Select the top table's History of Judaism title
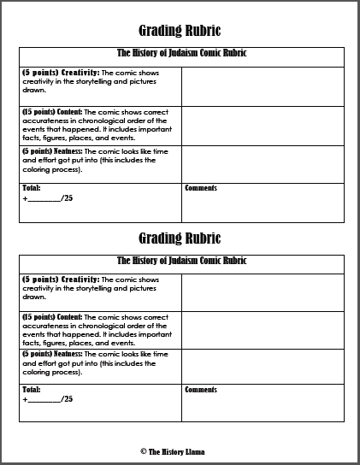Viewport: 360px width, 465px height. pos(181,54)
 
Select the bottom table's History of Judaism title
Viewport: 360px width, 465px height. pos(181,262)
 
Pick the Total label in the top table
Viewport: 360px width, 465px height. pos(32,188)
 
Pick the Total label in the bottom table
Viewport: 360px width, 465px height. pos(32,390)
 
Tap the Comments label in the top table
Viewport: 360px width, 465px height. pos(201,188)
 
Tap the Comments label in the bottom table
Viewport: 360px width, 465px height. pos(201,390)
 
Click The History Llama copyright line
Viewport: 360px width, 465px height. pos(180,449)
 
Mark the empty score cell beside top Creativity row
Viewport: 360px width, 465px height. pos(263,85)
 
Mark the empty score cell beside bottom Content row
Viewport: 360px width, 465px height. pos(263,330)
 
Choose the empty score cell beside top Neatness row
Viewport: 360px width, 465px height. pos(263,163)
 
